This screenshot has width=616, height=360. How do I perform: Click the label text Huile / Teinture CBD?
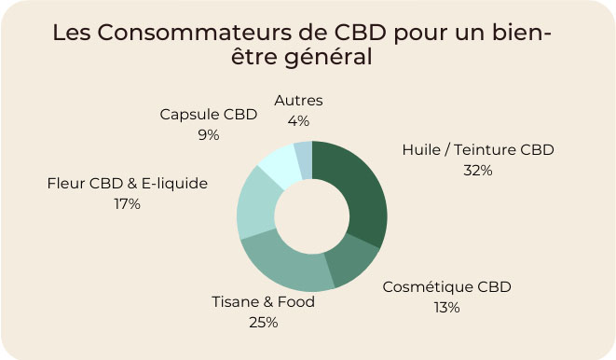477,150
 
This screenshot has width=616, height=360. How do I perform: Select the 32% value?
477,170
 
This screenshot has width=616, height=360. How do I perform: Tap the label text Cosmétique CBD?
446,287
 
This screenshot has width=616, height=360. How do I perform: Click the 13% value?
446,307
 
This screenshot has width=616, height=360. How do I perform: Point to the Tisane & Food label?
263,302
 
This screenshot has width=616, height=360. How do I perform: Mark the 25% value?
263,323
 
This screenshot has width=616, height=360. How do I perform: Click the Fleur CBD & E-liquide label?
127,183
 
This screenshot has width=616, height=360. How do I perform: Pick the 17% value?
126,203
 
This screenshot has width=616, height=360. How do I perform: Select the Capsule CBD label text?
208,115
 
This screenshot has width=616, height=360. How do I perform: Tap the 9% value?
208,134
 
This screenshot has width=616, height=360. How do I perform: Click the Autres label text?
298,101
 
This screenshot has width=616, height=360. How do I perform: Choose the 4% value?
298,120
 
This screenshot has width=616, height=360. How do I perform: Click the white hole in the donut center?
312,216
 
